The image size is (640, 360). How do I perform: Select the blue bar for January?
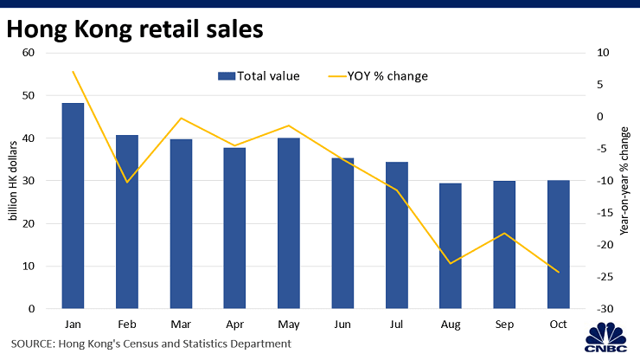[73, 206]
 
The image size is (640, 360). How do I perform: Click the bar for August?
[451, 246]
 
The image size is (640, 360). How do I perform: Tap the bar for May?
[289, 223]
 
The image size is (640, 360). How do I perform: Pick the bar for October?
[559, 244]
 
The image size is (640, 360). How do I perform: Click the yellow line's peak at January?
[73, 72]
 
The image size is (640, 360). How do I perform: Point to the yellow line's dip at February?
[127, 183]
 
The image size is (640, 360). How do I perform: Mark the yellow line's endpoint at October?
[559, 272]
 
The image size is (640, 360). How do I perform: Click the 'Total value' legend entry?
[259, 76]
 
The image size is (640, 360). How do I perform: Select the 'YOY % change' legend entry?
[378, 76]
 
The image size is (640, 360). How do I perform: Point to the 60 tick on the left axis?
[29, 53]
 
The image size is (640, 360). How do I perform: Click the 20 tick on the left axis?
[29, 223]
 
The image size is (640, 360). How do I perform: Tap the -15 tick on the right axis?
[605, 213]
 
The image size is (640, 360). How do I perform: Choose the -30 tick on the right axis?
[605, 309]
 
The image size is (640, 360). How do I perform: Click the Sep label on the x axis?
[504, 325]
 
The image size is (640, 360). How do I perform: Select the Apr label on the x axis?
[234, 325]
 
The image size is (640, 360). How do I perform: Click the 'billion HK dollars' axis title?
[13, 181]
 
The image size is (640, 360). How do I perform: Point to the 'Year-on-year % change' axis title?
[624, 181]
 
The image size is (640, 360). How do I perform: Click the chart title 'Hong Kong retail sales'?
[135, 29]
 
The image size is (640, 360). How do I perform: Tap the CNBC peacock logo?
[605, 337]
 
